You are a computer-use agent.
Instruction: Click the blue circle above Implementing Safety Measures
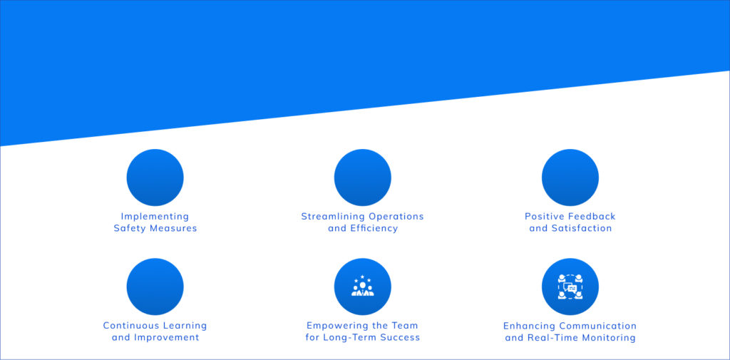(x=155, y=178)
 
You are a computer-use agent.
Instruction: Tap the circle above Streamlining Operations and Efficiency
(x=363, y=178)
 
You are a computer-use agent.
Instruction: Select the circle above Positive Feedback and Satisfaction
(x=570, y=178)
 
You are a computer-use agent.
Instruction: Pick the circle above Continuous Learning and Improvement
(x=155, y=287)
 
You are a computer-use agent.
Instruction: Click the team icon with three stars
(x=363, y=286)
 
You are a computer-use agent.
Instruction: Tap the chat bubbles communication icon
(x=570, y=287)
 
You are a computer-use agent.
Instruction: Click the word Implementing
(x=155, y=217)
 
